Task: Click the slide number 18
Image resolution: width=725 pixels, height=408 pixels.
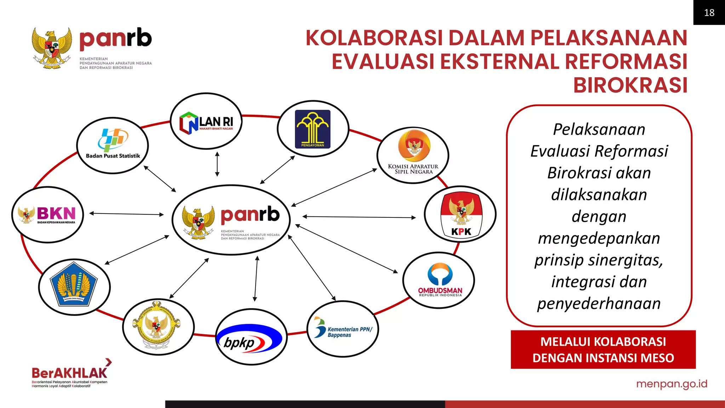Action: tap(709, 13)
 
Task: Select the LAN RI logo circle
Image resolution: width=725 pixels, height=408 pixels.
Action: tap(206, 121)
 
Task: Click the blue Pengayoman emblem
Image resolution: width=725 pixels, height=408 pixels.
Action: tap(313, 129)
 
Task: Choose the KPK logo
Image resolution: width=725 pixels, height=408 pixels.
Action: tap(461, 214)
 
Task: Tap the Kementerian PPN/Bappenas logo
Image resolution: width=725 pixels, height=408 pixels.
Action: tap(343, 329)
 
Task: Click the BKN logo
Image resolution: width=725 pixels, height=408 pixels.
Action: tap(48, 215)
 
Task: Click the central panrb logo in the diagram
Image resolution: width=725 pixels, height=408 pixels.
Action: tap(231, 220)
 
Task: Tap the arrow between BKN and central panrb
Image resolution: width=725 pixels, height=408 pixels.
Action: tap(126, 214)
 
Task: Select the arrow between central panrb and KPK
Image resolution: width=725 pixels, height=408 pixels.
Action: tap(359, 217)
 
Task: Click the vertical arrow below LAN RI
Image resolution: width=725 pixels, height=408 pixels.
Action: tap(217, 164)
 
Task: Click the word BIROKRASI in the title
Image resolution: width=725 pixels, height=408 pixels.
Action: tap(630, 85)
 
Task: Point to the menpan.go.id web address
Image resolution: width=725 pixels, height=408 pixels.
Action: tap(672, 384)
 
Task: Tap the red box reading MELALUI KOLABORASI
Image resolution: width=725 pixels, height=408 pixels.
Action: tap(603, 350)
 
